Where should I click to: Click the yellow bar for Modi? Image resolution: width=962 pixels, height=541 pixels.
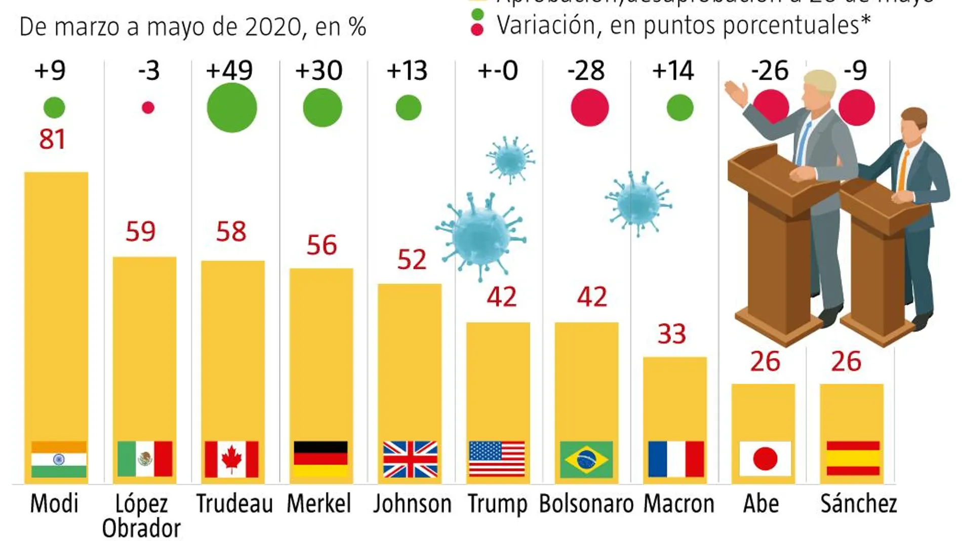tap(56, 304)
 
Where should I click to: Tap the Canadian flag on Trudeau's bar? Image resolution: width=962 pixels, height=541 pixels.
tap(231, 459)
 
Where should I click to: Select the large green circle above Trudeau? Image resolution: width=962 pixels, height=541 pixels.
tap(232, 108)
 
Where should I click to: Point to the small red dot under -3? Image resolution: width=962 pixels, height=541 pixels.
tap(148, 107)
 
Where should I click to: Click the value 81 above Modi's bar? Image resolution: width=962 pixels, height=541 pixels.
tap(52, 139)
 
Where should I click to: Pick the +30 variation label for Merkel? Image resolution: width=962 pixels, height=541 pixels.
tap(319, 70)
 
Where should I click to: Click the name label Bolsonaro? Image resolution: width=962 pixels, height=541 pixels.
tap(586, 504)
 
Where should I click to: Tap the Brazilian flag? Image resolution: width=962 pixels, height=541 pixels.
tap(586, 460)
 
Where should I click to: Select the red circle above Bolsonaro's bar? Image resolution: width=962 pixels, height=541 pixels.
tap(589, 107)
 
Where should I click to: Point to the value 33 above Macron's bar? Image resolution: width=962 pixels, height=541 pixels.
tap(671, 334)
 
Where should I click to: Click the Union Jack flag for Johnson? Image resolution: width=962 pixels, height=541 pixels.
tap(410, 459)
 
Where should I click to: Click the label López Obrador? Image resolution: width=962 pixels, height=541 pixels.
tap(141, 516)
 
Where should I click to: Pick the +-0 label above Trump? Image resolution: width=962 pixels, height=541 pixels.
tap(498, 70)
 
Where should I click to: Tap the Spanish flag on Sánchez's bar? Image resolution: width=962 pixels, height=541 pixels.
tap(853, 459)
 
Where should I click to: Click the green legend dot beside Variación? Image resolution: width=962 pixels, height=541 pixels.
tap(477, 14)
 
